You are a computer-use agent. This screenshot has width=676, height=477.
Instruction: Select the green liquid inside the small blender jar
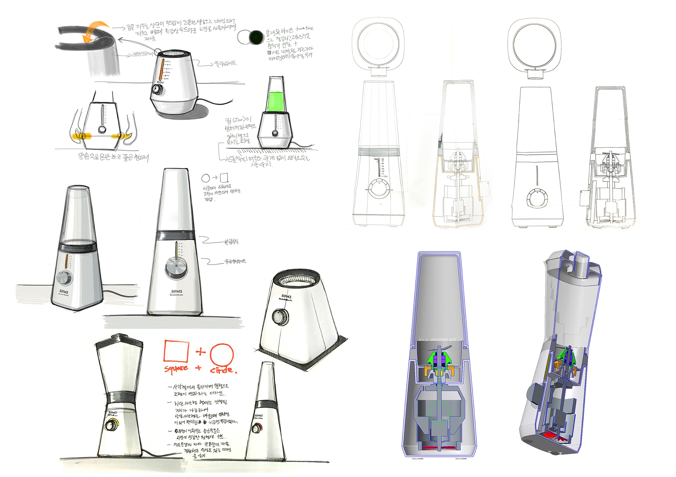(276, 101)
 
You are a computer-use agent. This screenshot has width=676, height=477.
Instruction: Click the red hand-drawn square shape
(176, 351)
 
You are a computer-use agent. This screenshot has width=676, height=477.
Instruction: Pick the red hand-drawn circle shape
(221, 355)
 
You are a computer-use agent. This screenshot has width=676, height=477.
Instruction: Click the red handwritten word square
(176, 368)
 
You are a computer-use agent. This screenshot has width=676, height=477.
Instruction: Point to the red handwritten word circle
(223, 370)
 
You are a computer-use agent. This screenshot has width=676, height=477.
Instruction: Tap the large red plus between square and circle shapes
(200, 351)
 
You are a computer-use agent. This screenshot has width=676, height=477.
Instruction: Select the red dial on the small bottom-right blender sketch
(256, 429)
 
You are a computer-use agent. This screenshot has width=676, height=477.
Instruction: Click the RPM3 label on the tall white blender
(176, 292)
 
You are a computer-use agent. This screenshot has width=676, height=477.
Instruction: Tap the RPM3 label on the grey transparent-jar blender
(64, 292)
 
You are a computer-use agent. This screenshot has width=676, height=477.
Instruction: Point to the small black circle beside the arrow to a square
(206, 178)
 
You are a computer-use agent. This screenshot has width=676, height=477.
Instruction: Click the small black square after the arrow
(224, 177)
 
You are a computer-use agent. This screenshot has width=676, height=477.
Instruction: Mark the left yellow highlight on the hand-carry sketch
(81, 136)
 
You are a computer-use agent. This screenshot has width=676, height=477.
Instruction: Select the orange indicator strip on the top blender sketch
(162, 71)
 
